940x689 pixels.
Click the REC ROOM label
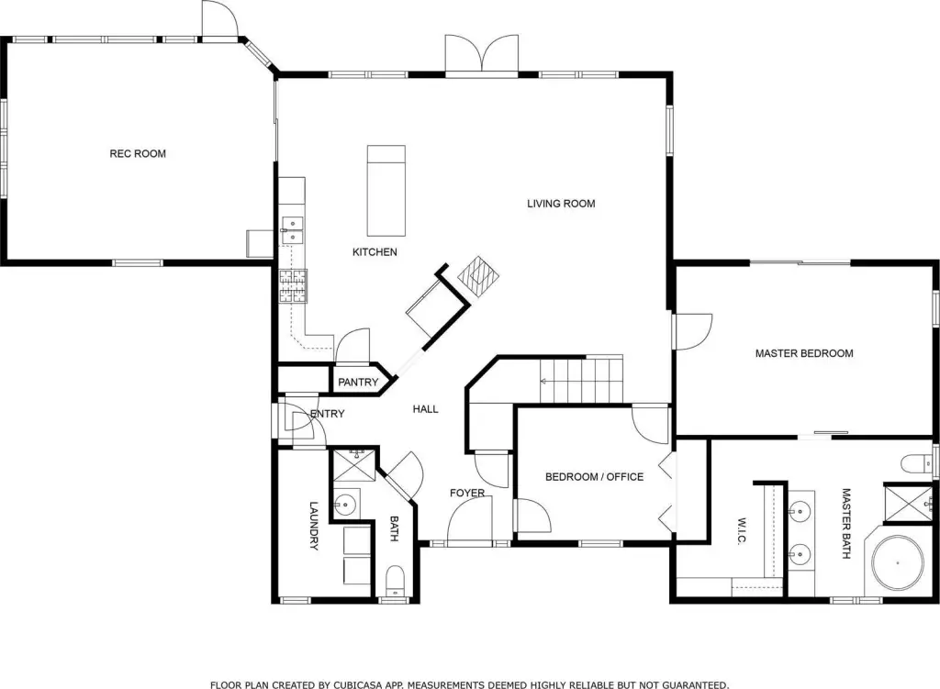point(138,154)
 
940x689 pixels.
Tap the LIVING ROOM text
point(561,204)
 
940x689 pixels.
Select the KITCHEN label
point(375,252)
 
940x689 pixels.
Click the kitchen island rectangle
point(386,191)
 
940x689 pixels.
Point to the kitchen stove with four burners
point(293,286)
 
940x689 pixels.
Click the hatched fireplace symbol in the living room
point(478,276)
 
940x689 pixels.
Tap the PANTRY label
point(358,383)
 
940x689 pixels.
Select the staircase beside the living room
point(581,381)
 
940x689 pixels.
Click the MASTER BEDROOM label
point(804,353)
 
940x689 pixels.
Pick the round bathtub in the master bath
point(898,563)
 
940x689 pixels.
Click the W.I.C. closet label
point(742,531)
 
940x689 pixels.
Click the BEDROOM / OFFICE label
point(594,477)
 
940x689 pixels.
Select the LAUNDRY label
point(313,526)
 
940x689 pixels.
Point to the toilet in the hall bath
point(395,580)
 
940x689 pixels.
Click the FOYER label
point(467,493)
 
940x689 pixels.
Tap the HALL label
point(426,409)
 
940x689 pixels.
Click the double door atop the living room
point(481,55)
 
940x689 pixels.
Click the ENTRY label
point(328,414)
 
